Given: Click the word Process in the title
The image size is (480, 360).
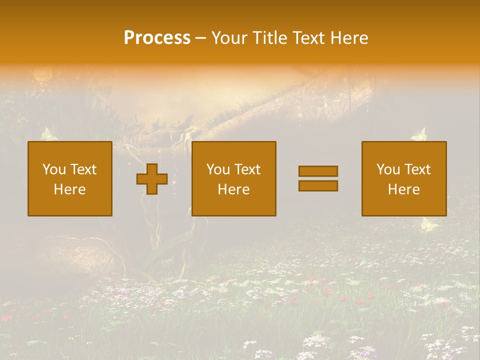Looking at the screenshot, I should click(157, 38).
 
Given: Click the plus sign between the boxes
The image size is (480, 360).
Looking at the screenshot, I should click(152, 179).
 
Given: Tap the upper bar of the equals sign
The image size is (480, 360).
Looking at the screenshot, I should click(318, 171).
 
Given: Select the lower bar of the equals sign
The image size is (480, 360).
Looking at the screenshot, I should click(318, 186).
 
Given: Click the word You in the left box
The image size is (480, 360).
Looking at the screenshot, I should click(54, 169).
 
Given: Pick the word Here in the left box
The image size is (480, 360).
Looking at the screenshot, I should click(69, 189).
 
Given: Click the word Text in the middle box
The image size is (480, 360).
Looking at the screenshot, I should click(248, 169).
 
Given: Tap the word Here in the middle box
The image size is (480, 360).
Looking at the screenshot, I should click(233, 189).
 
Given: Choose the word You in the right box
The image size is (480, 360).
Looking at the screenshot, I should click(388, 169).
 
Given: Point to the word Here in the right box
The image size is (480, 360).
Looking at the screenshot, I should click(403, 189).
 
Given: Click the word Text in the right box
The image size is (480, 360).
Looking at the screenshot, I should click(418, 169).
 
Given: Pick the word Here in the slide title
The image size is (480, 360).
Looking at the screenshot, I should click(349, 38).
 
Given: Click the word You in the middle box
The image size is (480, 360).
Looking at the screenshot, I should click(218, 169).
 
